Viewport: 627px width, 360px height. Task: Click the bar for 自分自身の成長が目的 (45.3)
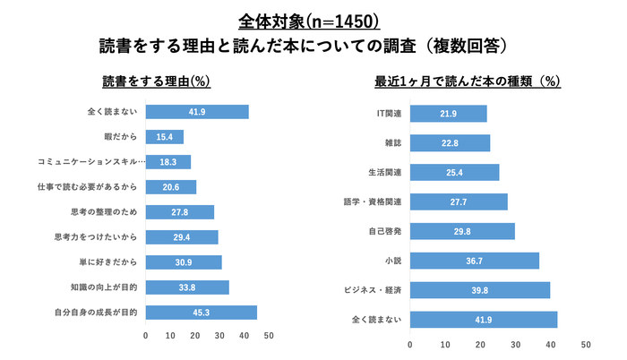201,313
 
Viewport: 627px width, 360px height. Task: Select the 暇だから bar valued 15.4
164,137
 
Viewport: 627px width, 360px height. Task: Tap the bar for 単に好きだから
183,262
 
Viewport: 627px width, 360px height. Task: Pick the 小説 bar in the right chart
474,261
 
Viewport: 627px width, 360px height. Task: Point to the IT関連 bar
448,114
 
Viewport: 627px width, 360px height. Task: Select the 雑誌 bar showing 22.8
450,142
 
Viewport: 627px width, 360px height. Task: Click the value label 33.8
186,287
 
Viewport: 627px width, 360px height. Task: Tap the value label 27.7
459,202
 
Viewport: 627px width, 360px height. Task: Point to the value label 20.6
170,187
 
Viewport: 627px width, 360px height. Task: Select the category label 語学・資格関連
374,201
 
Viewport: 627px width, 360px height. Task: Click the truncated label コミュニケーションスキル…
88,162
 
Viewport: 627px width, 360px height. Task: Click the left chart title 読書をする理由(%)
156,81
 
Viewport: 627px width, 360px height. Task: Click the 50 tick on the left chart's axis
269,336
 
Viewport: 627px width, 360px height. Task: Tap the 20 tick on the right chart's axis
480,345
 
